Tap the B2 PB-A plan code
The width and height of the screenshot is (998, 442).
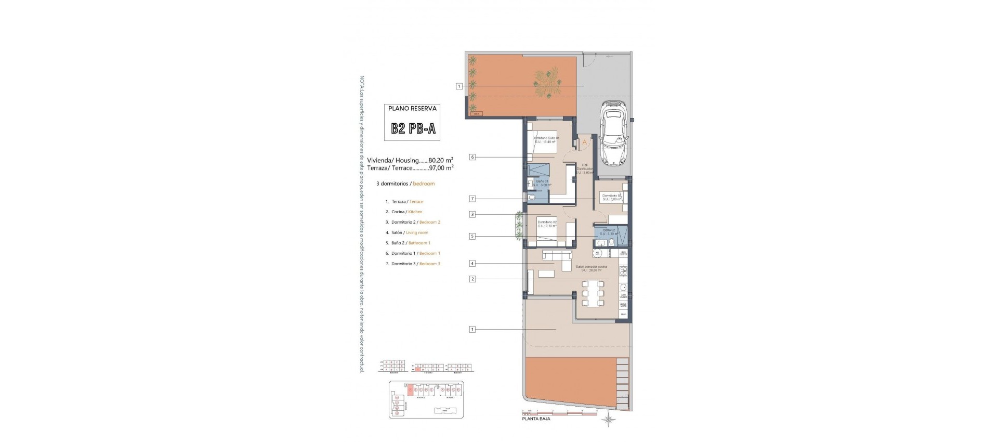click(414, 128)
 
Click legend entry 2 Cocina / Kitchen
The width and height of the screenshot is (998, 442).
click(404, 212)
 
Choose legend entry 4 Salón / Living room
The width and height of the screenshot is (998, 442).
click(406, 232)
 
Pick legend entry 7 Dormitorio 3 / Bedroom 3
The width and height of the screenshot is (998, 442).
click(412, 264)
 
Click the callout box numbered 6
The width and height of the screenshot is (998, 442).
click(472, 157)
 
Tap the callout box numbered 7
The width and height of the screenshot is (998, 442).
click(472, 199)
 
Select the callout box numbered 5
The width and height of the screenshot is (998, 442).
click(472, 236)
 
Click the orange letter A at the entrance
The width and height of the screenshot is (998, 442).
click(584, 142)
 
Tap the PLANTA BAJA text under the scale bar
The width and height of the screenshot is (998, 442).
click(535, 418)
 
